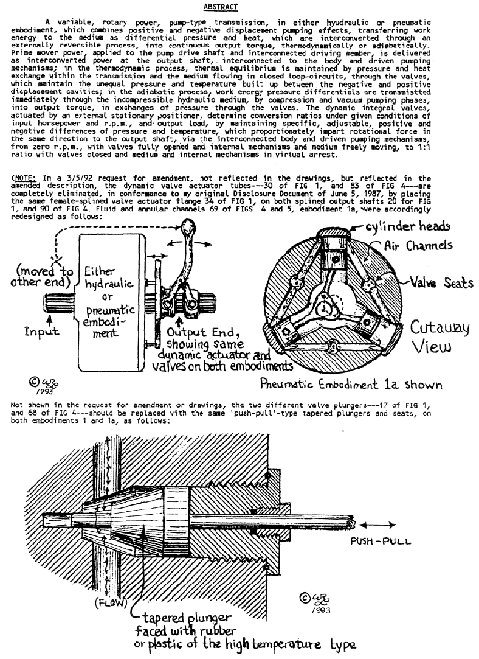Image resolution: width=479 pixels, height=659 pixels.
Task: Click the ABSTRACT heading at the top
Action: [221, 7]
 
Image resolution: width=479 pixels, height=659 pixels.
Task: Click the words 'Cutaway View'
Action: [439, 336]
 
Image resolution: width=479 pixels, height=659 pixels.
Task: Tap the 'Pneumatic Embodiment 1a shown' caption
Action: [351, 384]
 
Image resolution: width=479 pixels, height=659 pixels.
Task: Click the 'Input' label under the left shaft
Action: [41, 332]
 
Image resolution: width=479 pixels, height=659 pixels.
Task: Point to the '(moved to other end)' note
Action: [41, 276]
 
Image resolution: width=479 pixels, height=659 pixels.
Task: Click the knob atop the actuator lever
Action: [188, 226]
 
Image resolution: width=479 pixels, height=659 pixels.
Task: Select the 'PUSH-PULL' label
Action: [381, 542]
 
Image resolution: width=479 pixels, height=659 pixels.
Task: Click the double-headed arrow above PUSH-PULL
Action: [377, 525]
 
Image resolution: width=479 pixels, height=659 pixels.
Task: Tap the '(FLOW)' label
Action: [111, 602]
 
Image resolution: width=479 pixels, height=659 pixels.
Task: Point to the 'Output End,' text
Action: [204, 332]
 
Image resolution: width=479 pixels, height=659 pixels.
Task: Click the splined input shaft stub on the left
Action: [60, 302]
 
